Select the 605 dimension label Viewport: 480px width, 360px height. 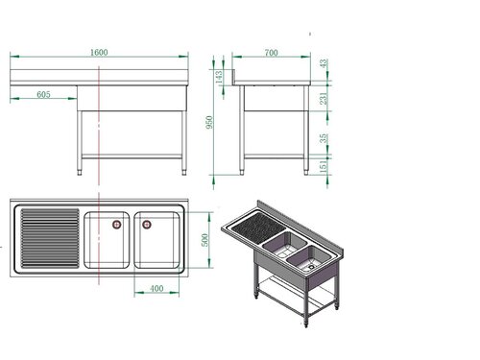pos(43,94)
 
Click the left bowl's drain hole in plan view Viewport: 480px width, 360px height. pos(116,225)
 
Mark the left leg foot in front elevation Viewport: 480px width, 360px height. pos(80,173)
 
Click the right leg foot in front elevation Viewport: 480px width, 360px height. pos(185,173)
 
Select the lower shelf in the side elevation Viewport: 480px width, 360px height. pos(274,156)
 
